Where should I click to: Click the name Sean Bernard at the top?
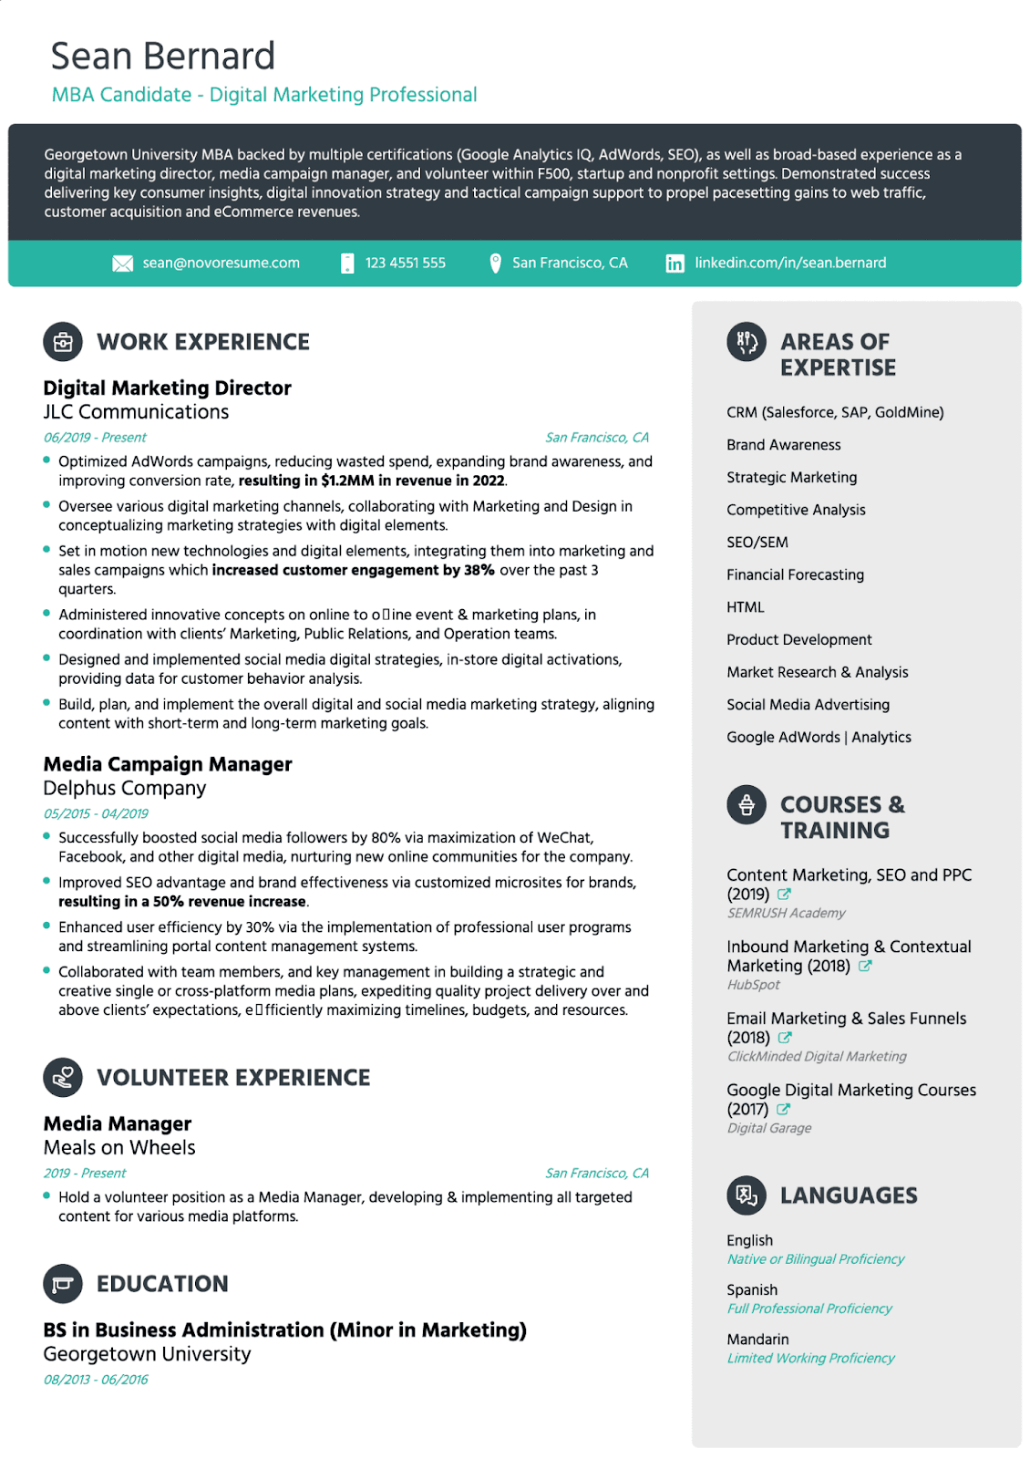162,57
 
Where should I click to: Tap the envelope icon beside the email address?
122,264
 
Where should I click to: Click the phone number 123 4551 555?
405,263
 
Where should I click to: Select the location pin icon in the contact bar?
495,264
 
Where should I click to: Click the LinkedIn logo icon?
675,264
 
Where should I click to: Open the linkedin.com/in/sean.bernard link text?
789,263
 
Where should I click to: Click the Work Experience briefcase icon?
63,342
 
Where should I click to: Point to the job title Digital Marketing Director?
167,388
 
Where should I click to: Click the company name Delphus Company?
125,788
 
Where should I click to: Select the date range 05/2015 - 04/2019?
96,813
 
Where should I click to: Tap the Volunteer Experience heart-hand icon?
63,1078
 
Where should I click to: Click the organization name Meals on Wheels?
119,1147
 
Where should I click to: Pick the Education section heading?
162,1284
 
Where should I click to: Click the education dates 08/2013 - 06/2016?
96,1380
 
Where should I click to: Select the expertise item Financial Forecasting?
795,574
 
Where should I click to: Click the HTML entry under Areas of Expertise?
745,607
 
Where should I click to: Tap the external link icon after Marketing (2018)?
865,966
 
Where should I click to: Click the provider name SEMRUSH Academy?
786,913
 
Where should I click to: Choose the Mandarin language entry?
757,1340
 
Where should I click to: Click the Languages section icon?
747,1195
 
